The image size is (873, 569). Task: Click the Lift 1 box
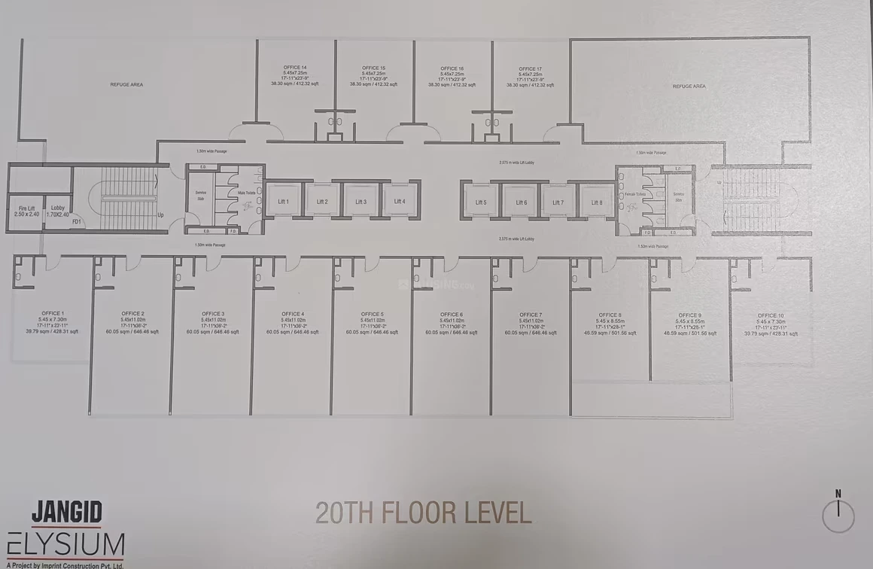283,201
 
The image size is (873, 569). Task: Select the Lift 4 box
399,201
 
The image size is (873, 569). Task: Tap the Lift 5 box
480,202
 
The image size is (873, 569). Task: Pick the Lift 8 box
597,202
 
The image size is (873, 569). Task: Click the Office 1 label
52,313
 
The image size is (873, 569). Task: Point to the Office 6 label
451,315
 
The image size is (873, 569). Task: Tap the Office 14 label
295,67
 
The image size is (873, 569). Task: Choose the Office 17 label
530,68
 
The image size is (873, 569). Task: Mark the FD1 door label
76,222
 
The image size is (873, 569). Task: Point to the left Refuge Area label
126,84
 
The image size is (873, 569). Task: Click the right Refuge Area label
689,87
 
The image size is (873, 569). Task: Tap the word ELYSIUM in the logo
65,543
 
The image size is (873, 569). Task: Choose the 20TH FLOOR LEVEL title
423,513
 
